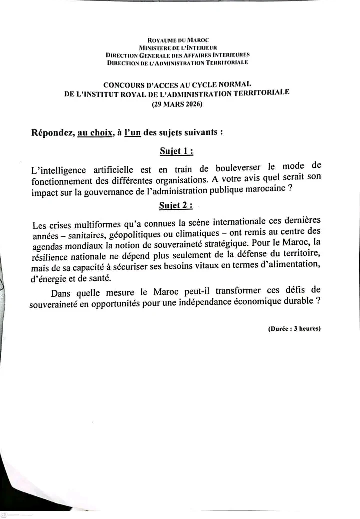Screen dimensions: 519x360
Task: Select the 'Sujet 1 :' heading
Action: point(176,151)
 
